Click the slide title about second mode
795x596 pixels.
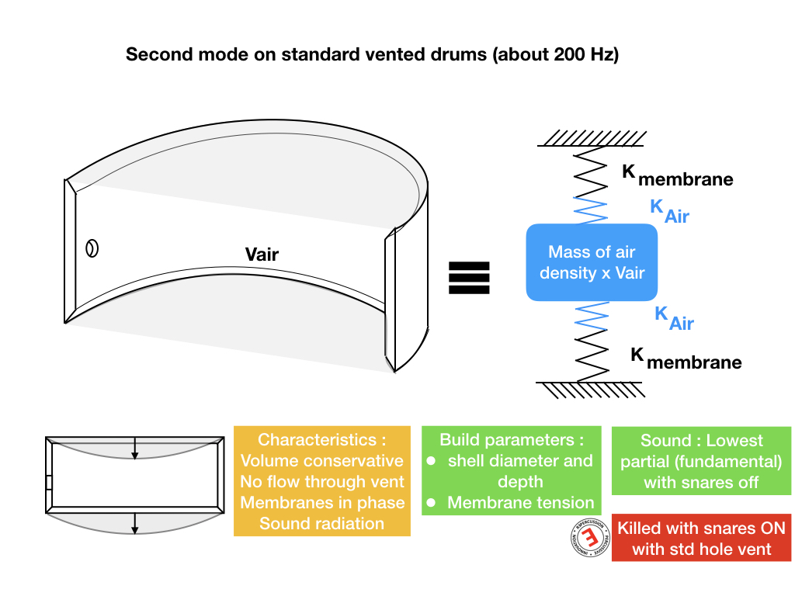tap(372, 55)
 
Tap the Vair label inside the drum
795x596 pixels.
tap(262, 254)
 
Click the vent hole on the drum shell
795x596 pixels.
tap(92, 249)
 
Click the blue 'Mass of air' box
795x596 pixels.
tap(592, 262)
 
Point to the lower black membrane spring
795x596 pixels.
tap(593, 356)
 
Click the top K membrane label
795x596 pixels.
tap(677, 175)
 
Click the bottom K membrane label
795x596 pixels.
tap(686, 358)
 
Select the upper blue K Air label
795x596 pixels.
tap(668, 211)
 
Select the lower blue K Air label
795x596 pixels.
tap(674, 318)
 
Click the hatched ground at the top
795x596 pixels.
tap(592, 139)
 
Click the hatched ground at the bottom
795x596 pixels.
tap(592, 389)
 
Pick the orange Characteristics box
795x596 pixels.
tap(321, 481)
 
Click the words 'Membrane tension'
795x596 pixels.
tap(520, 502)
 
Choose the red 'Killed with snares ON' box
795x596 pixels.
tap(701, 539)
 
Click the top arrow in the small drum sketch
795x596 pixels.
tap(135, 449)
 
